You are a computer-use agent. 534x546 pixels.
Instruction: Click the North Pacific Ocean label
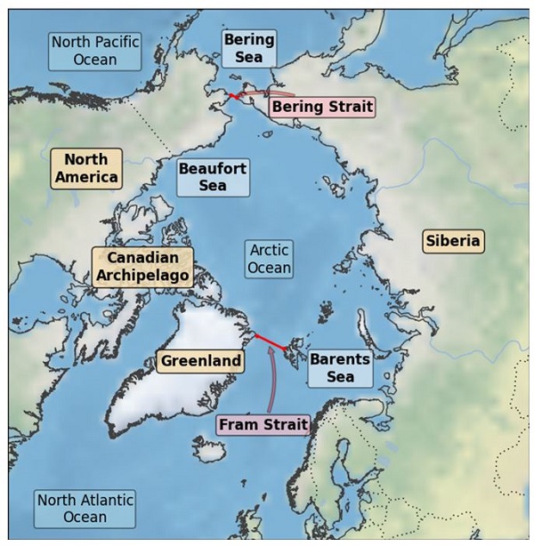tap(95, 51)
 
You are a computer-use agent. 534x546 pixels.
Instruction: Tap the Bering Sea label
tap(248, 48)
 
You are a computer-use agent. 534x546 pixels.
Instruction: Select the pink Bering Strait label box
tap(321, 107)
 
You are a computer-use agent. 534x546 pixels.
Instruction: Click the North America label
tap(86, 168)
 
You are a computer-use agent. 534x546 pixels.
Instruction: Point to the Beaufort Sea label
tap(213, 177)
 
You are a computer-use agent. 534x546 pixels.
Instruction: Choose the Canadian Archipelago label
tap(142, 267)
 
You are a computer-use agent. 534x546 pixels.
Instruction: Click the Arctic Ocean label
tap(269, 259)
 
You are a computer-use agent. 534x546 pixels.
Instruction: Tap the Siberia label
tap(452, 240)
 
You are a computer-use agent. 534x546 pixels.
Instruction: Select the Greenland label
tap(201, 361)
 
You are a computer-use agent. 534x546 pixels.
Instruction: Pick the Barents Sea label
tap(340, 368)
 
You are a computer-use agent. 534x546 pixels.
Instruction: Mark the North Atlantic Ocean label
tap(85, 508)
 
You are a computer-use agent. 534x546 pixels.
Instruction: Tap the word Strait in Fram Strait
tap(285, 425)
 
